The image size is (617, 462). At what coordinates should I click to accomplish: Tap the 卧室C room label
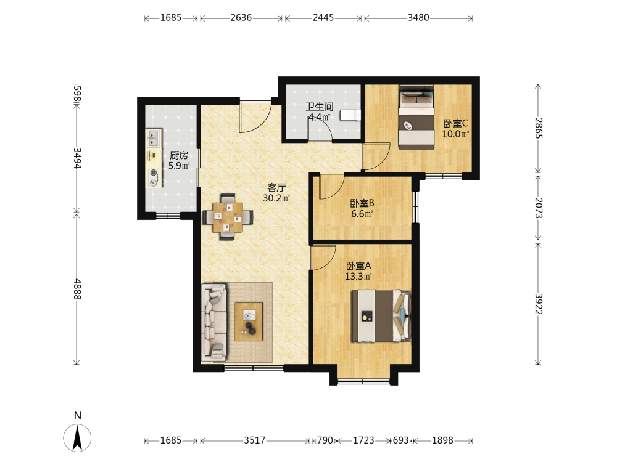coord(456,123)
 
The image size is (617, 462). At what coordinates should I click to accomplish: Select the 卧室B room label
coord(362,203)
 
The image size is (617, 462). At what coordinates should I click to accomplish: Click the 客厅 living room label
coord(276,187)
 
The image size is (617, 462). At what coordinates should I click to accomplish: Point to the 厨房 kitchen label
coord(179,155)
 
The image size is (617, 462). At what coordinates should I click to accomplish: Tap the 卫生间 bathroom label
coord(320,107)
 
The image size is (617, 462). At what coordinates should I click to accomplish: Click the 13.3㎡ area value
coord(358,277)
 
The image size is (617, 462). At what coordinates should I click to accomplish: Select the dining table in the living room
coord(228,216)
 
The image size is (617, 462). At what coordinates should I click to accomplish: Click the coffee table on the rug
coord(249,322)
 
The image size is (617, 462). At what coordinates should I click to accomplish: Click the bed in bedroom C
coord(416,117)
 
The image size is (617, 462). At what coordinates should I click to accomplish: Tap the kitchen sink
coord(154,138)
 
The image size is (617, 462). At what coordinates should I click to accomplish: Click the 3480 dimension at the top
coord(418,18)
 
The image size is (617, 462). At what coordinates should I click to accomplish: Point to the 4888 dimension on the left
coord(77,289)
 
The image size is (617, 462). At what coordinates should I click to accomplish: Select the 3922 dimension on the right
coord(538,304)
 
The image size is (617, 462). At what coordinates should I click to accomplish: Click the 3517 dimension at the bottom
coord(255,440)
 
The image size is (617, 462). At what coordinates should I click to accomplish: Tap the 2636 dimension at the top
coord(241,18)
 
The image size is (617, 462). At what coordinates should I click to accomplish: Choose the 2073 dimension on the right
coord(538,208)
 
